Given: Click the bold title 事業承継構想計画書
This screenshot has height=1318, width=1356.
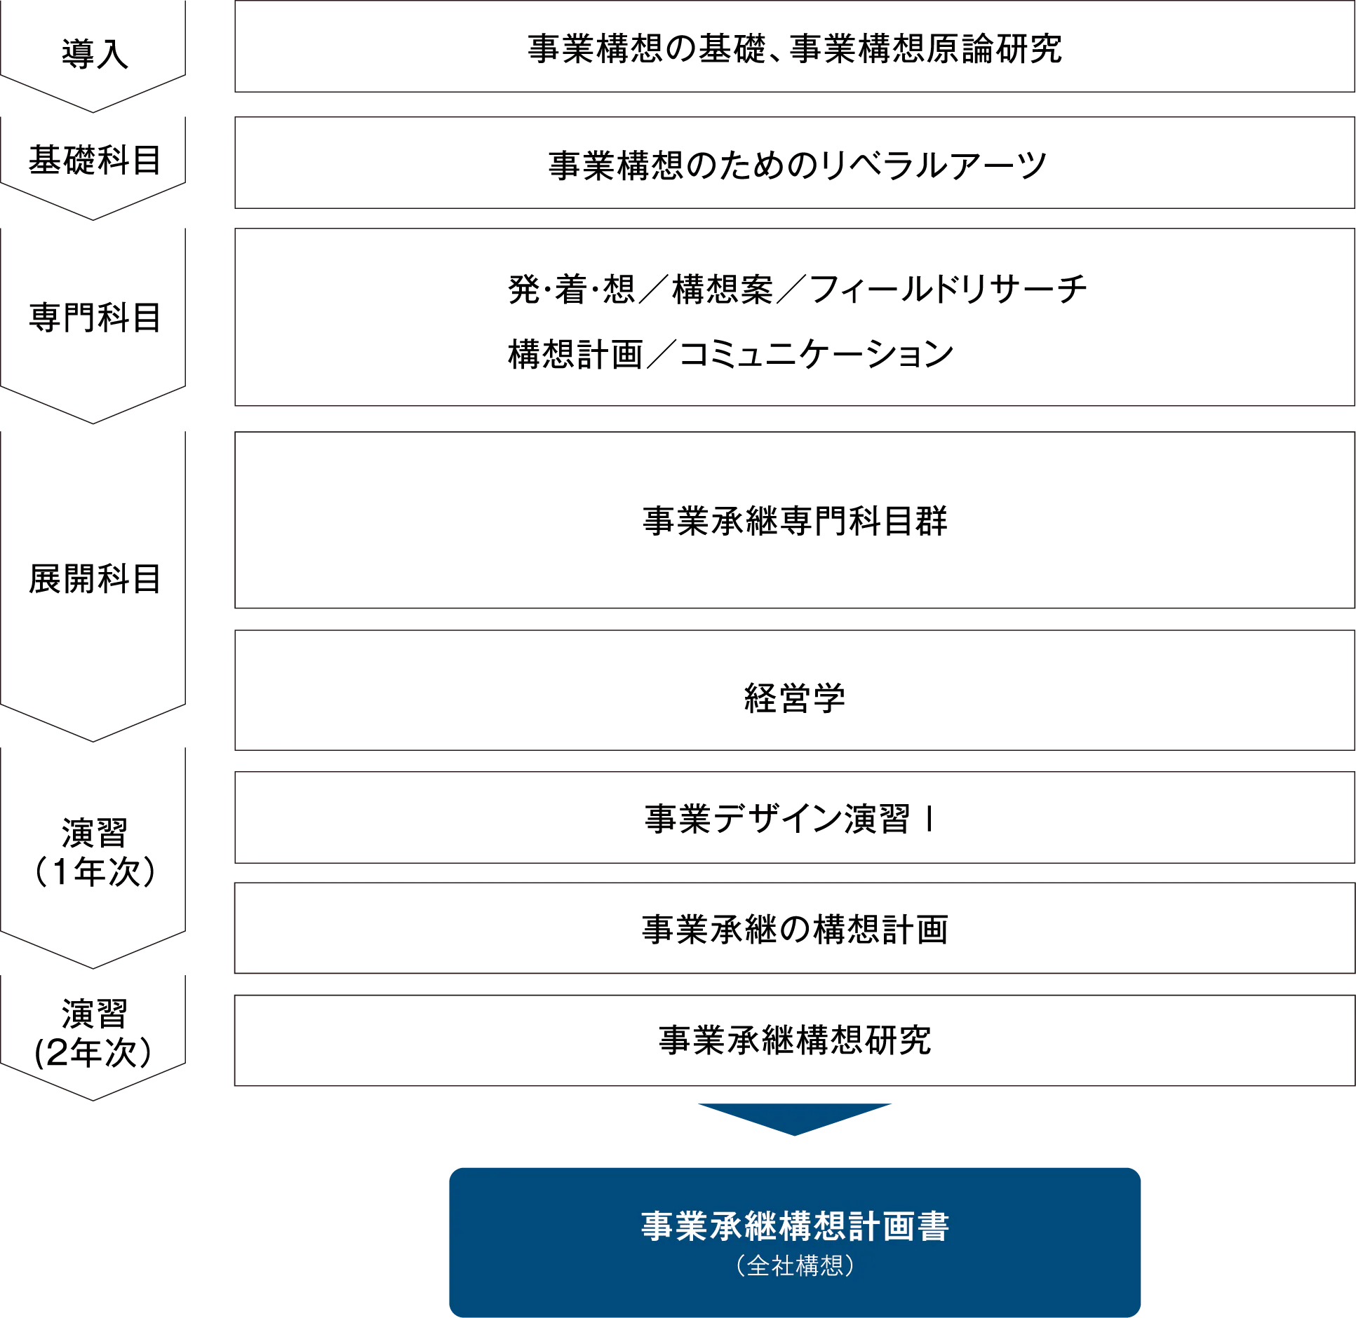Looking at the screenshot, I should (795, 1226).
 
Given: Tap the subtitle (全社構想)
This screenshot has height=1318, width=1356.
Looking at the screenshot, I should (795, 1265).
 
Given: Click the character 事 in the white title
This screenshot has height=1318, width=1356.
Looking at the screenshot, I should (657, 1226).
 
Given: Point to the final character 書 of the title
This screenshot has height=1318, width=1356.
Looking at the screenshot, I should (932, 1226).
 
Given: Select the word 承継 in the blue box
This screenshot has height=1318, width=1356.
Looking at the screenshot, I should (743, 1226).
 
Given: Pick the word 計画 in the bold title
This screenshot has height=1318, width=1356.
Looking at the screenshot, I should (881, 1226).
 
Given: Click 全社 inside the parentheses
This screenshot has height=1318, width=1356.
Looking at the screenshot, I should (771, 1265).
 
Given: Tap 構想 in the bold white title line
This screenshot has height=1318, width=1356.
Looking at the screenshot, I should (812, 1226).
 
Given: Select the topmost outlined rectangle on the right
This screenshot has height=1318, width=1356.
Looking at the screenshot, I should (793, 48).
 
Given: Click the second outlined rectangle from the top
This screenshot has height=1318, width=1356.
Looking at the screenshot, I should (793, 163).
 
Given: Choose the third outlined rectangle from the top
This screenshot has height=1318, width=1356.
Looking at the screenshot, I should (793, 316).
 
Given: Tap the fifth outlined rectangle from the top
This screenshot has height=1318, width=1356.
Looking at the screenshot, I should (793, 689).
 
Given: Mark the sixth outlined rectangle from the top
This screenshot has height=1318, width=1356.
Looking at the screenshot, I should (793, 815).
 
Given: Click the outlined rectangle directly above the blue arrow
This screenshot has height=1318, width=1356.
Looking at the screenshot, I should (793, 1040).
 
